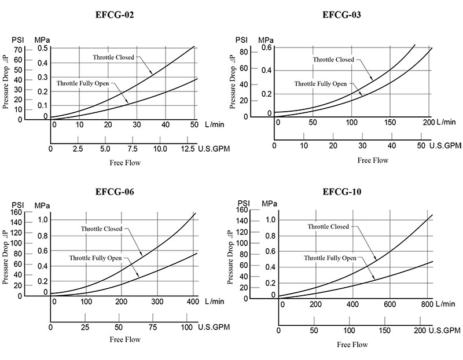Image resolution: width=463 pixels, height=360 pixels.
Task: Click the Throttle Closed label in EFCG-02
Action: click(x=113, y=57)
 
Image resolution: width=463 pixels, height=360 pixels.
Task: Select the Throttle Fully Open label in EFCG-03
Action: click(x=320, y=84)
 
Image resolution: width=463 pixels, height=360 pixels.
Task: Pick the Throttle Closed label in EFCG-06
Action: click(x=101, y=229)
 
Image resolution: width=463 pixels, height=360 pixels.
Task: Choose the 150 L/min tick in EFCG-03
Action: click(x=389, y=122)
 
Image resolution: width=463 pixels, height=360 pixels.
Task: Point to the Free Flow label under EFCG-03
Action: click(x=372, y=160)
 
